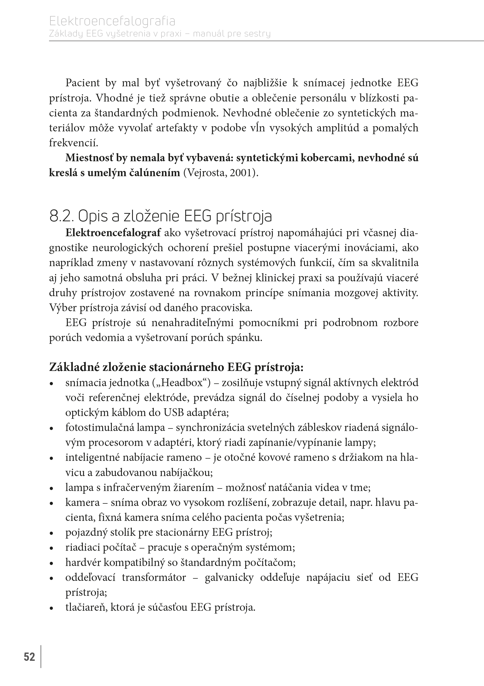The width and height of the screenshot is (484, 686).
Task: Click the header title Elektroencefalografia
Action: click(112, 22)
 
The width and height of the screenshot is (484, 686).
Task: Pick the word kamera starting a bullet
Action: click(82, 502)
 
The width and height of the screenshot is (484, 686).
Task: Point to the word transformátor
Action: click(154, 577)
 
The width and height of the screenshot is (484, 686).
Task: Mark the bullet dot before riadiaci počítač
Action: click(52, 548)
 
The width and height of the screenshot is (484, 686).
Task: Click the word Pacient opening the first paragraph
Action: click(82, 83)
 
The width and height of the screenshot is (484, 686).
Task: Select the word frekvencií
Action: click(74, 143)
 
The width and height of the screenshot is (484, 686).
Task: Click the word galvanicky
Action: click(229, 577)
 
